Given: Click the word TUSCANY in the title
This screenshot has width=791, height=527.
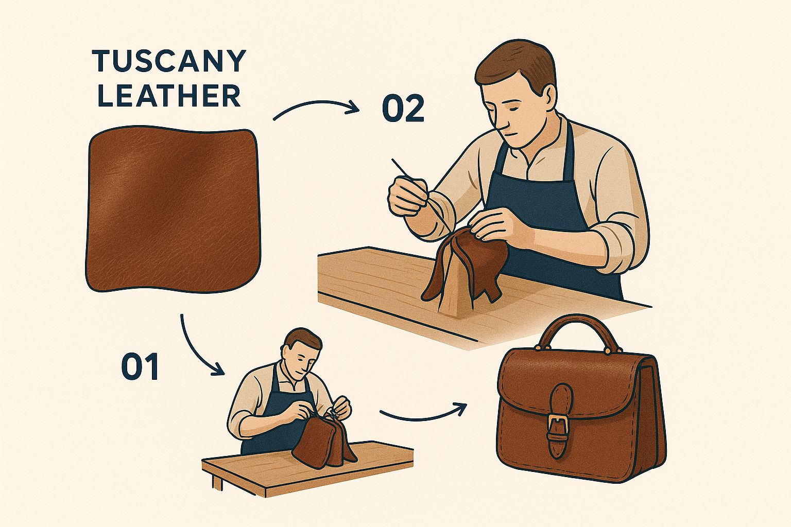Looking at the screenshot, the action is click(169, 61).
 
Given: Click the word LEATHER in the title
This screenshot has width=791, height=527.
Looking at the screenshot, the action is click(169, 95).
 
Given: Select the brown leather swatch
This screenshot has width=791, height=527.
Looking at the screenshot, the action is click(173, 209).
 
